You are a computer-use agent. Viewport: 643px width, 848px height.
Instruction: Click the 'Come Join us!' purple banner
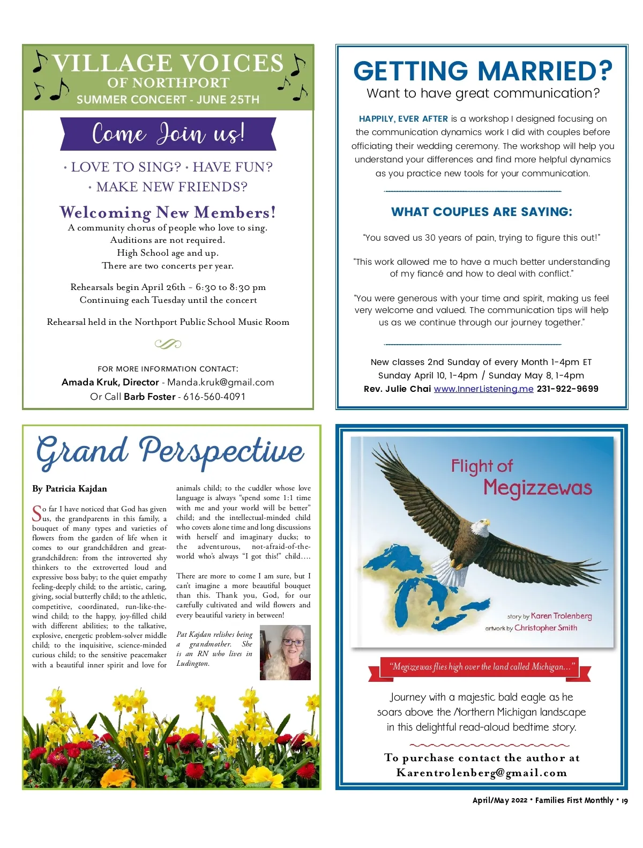168,133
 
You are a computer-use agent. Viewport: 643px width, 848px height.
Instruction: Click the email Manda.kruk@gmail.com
220,382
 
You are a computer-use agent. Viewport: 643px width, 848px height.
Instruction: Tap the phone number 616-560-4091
214,397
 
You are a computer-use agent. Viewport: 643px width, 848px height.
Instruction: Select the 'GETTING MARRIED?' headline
482,71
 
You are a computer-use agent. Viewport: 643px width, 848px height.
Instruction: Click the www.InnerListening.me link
483,389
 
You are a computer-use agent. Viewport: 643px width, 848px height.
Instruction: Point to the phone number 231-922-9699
567,389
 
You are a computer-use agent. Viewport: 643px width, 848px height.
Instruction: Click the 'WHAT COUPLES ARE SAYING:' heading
481,212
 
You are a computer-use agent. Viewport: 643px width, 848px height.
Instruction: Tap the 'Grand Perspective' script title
170,451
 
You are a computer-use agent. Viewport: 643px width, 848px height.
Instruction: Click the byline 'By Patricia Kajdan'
70,488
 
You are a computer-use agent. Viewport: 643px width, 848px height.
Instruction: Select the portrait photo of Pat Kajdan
285,652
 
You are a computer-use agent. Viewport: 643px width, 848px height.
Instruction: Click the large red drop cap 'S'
37,513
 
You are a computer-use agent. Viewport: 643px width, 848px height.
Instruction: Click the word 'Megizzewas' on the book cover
537,488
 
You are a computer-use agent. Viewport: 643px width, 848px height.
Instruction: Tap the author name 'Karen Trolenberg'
561,616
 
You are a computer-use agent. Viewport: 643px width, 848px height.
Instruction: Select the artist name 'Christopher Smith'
545,628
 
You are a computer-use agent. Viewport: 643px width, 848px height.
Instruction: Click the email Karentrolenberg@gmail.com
481,773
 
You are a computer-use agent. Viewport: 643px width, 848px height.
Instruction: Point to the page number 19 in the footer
624,800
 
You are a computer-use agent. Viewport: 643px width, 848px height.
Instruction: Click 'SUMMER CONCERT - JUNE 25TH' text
168,100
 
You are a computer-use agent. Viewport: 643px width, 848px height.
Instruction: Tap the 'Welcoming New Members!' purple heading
168,212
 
